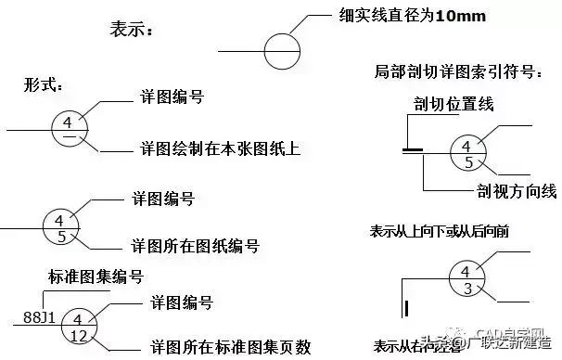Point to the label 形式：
coord(44,85)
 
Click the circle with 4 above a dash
coord(70,129)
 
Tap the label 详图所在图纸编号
coord(195,246)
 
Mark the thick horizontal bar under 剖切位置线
coord(413,147)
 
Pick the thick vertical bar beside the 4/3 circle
coord(404,309)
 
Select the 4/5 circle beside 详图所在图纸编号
coord(60,227)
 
